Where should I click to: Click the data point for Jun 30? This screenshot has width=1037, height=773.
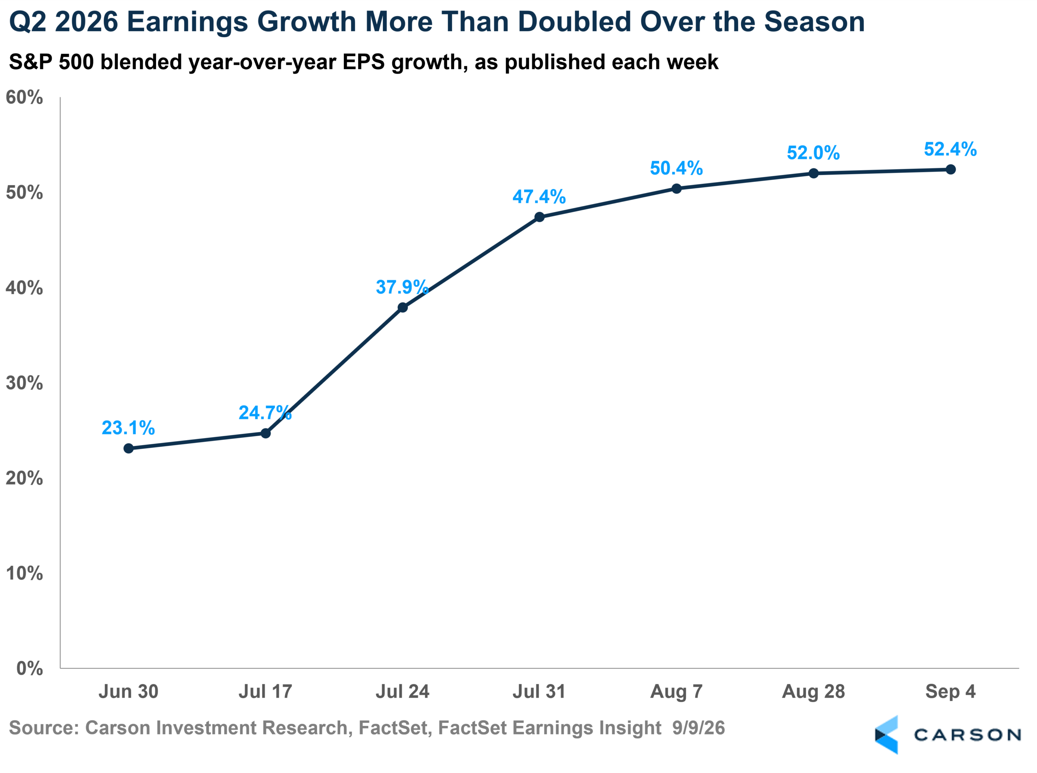click(x=128, y=448)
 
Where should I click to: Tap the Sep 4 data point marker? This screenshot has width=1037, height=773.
click(x=950, y=169)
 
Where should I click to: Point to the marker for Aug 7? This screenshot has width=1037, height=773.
click(x=676, y=189)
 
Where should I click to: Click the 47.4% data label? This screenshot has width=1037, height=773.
click(x=539, y=196)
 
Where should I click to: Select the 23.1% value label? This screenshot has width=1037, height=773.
click(x=128, y=428)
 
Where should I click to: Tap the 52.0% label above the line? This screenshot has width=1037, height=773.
click(x=813, y=153)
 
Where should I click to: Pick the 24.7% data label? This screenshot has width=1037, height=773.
click(x=265, y=413)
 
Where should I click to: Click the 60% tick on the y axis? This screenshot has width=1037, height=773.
click(x=24, y=97)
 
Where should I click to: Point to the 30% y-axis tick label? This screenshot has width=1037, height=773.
click(x=24, y=383)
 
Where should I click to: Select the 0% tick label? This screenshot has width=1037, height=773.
click(x=30, y=668)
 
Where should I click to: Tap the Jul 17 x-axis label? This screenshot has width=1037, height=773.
click(x=265, y=691)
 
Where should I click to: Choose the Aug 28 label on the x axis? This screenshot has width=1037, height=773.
click(x=813, y=692)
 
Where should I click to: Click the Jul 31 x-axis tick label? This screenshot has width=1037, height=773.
click(x=539, y=691)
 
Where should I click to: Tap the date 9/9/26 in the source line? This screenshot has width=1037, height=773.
click(x=698, y=728)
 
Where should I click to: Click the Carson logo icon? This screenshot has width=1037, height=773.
click(x=886, y=735)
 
